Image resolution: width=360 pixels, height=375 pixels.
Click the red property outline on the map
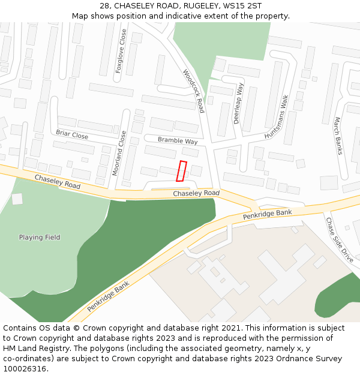(181, 171)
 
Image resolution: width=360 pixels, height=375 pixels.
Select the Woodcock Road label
(194, 90)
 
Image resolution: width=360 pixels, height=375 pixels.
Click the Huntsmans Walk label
(277, 117)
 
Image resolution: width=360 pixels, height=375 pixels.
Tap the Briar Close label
(72, 134)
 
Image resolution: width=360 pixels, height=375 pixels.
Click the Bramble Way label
(178, 140)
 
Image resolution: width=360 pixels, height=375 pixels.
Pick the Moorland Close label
(119, 154)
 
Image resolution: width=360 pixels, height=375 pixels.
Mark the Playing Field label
(40, 237)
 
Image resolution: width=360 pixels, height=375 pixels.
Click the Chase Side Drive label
(340, 239)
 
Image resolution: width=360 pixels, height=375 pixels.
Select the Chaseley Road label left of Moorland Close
(57, 182)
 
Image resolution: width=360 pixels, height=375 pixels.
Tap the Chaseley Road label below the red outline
(196, 193)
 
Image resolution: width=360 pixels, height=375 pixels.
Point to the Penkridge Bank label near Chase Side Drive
(268, 214)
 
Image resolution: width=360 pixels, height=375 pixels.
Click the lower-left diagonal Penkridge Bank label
(108, 297)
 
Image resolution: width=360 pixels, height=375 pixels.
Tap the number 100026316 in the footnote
(25, 369)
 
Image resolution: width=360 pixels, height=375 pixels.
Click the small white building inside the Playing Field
(17, 199)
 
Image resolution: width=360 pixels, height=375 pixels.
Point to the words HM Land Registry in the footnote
(32, 349)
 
